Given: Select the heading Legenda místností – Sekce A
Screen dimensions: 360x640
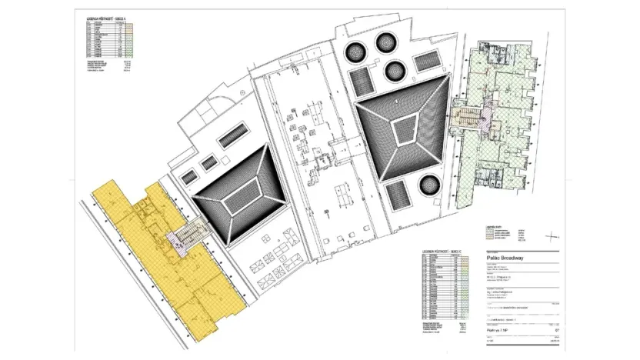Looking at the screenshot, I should tap(106, 17).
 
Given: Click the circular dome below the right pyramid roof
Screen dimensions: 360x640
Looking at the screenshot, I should tap(428, 184).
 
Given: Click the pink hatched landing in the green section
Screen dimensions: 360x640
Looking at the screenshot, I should tap(484, 116).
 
